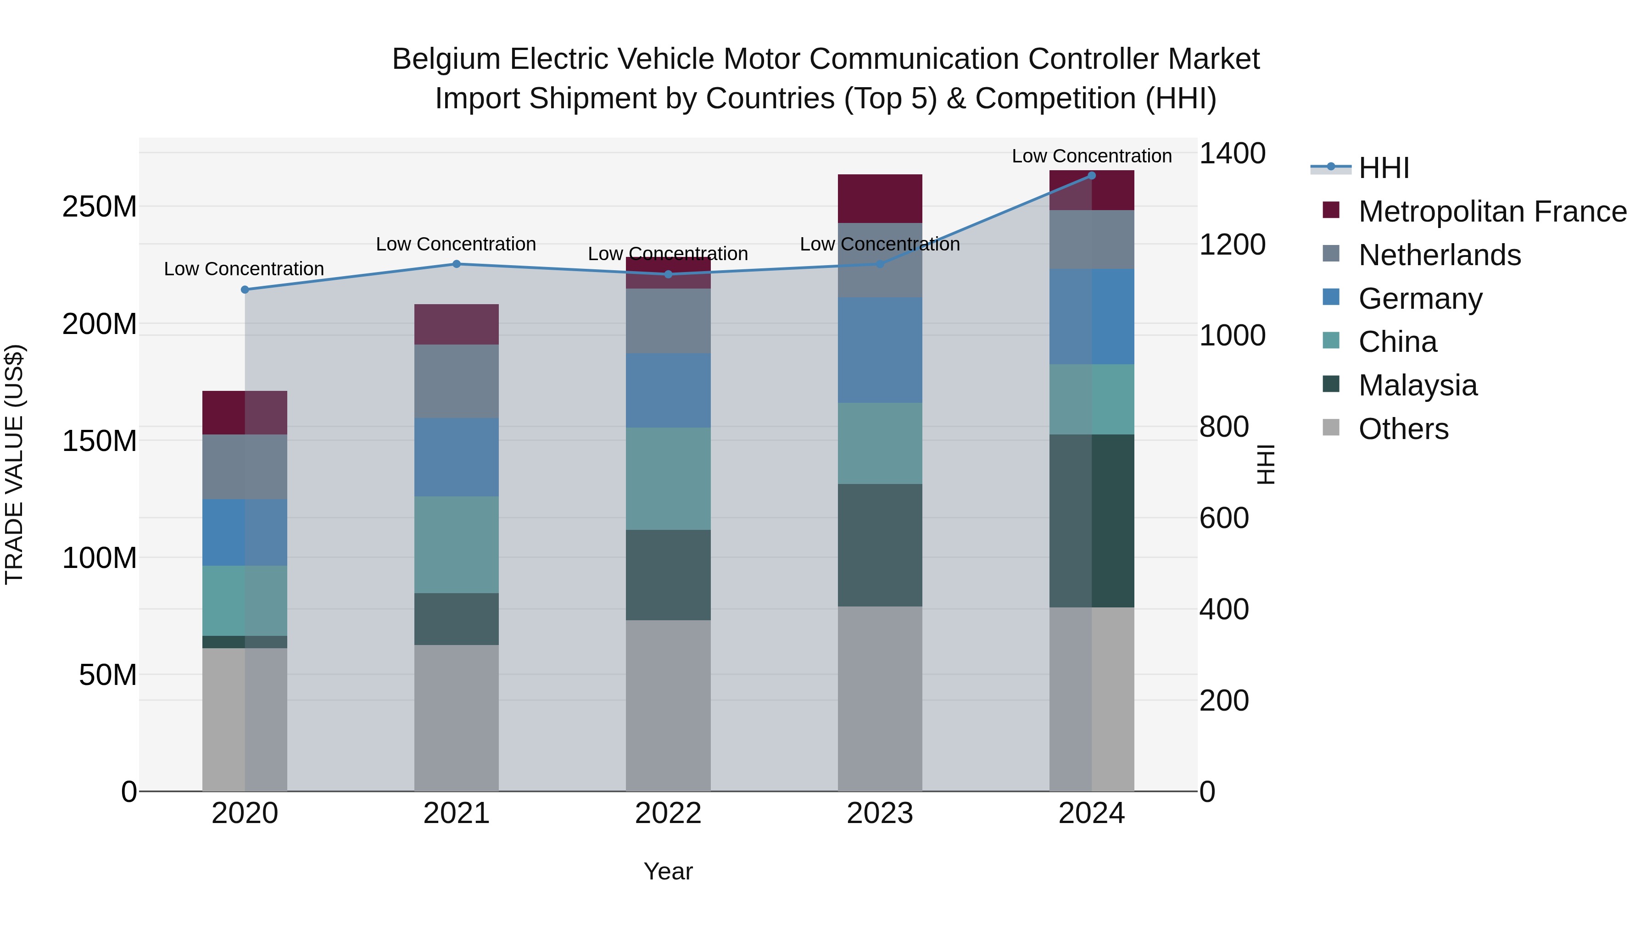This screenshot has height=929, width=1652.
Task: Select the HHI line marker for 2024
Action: pyautogui.click(x=1092, y=176)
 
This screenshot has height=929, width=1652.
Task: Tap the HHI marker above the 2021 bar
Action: pyautogui.click(x=457, y=264)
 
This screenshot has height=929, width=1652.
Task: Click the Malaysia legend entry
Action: pyautogui.click(x=1418, y=385)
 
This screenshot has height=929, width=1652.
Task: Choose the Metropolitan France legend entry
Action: pyautogui.click(x=1492, y=211)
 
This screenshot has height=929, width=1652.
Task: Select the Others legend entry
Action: pyautogui.click(x=1403, y=429)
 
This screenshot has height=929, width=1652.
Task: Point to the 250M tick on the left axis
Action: pyautogui.click(x=100, y=207)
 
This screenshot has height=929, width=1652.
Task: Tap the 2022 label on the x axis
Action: pyautogui.click(x=668, y=813)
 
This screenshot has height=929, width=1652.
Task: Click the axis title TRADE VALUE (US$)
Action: pyautogui.click(x=14, y=464)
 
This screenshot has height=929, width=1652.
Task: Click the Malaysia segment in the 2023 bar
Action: pyautogui.click(x=880, y=545)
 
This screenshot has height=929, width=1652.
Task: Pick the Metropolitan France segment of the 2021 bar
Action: pyautogui.click(x=457, y=324)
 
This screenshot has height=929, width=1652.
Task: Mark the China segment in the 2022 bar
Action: pyautogui.click(x=668, y=478)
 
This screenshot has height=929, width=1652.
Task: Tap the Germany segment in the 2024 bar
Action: pyautogui.click(x=1092, y=317)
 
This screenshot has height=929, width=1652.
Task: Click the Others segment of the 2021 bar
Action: pyautogui.click(x=457, y=718)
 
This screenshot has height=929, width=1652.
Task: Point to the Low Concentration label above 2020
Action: pyautogui.click(x=244, y=269)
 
